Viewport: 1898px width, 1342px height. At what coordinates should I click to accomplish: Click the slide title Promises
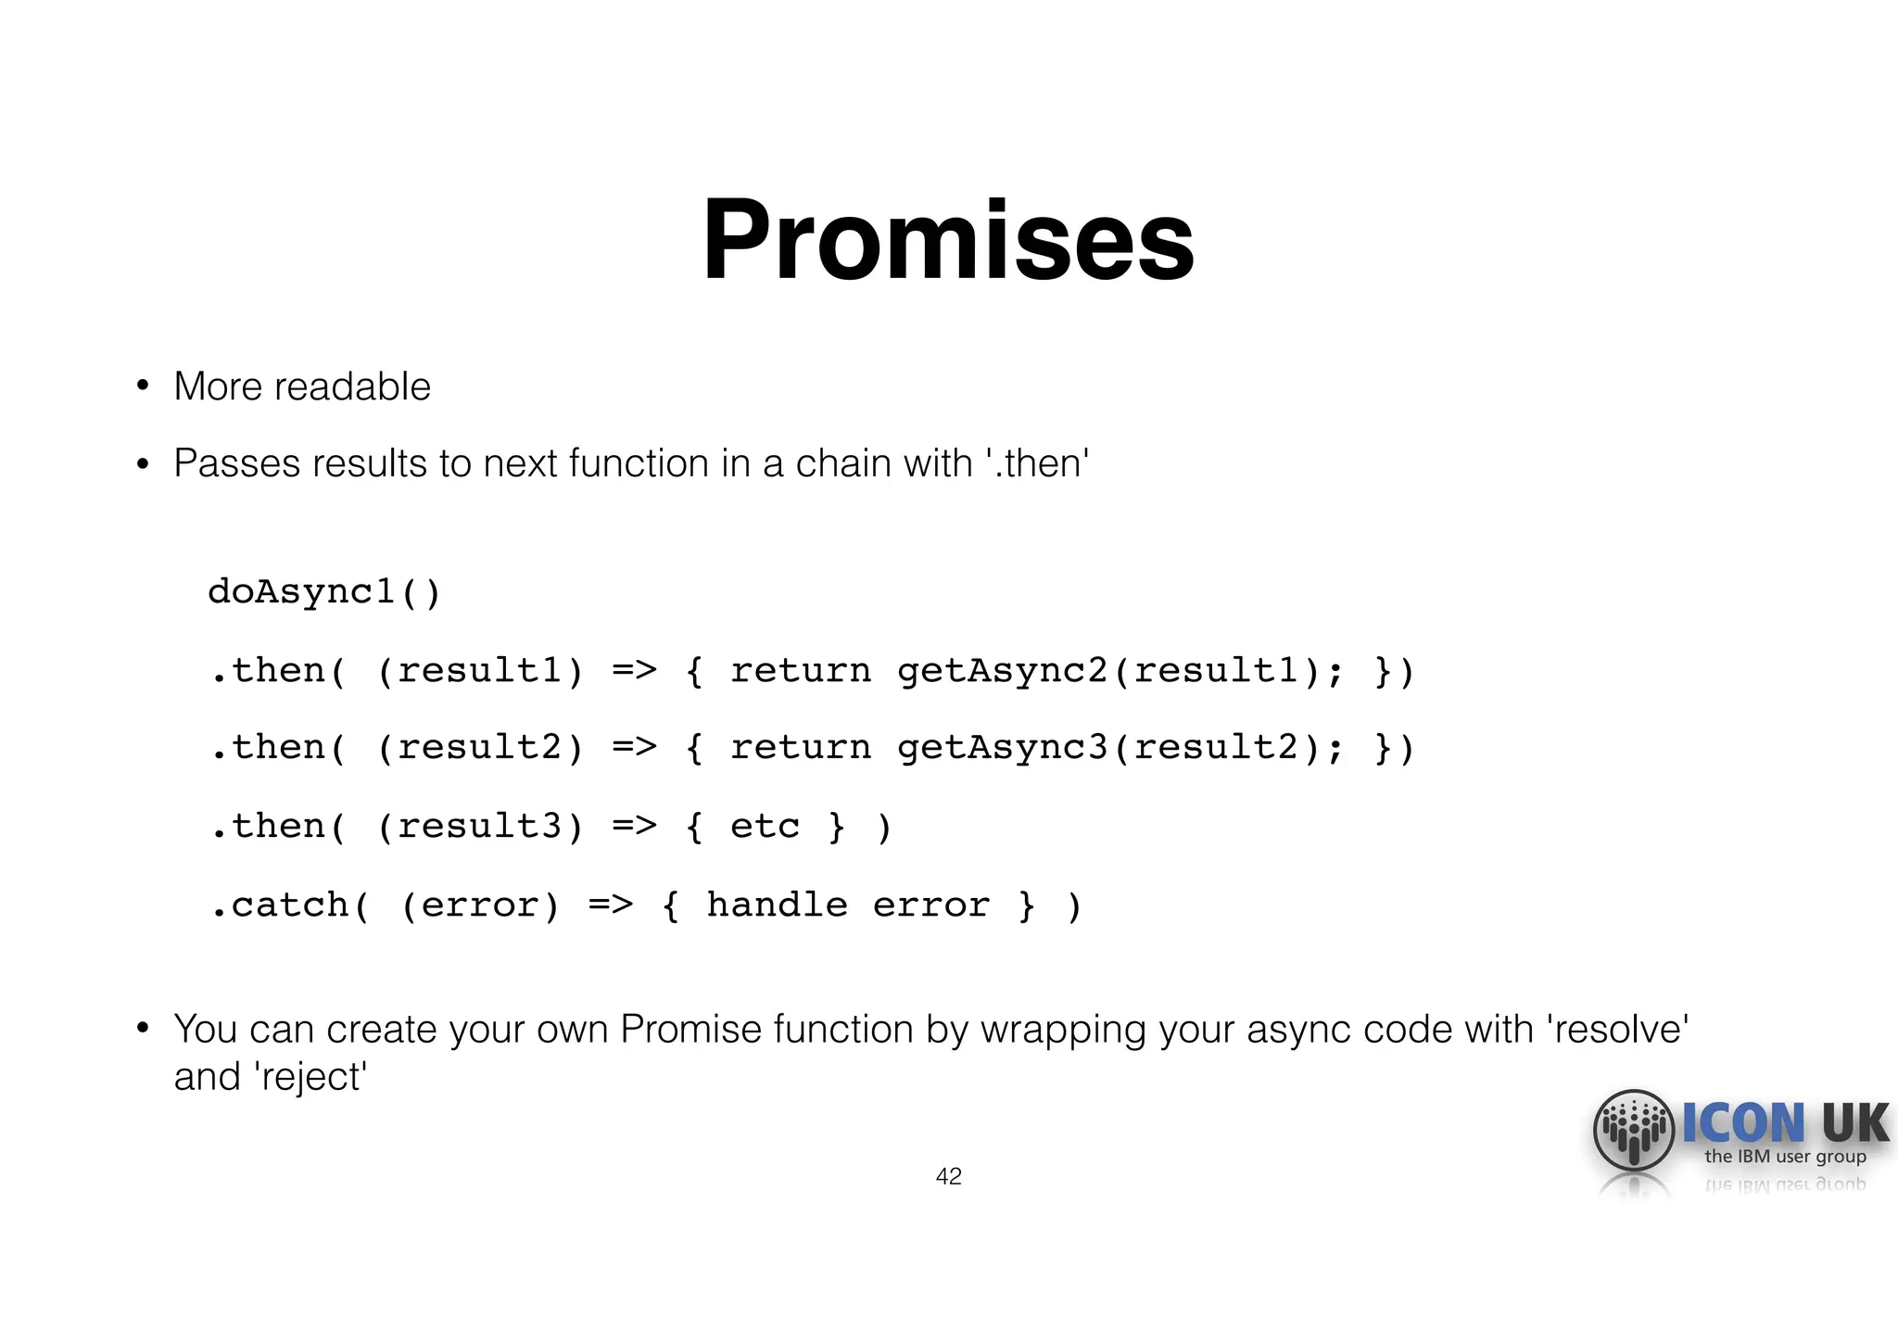948,240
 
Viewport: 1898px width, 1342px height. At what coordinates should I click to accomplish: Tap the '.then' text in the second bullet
1038,463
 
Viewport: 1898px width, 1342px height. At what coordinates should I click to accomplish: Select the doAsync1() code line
324,591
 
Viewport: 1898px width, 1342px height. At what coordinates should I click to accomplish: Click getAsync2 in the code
1002,671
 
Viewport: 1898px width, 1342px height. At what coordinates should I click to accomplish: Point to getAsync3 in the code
1002,748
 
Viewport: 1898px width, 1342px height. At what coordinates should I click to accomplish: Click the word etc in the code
765,826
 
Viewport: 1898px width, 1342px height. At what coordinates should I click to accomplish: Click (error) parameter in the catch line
480,905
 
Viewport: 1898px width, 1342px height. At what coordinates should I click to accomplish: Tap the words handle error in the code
847,905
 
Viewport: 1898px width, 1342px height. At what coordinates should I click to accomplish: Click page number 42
948,1176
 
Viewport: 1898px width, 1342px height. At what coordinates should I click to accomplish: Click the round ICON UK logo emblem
1633,1130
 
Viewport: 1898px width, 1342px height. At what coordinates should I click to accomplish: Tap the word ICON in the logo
1743,1122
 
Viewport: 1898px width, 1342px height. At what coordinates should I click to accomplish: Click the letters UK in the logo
1854,1122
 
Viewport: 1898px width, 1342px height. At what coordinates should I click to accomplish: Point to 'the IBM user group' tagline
1785,1157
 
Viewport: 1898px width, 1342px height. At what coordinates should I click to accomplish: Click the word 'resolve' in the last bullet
1617,1030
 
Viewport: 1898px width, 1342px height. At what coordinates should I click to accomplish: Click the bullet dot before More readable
143,386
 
